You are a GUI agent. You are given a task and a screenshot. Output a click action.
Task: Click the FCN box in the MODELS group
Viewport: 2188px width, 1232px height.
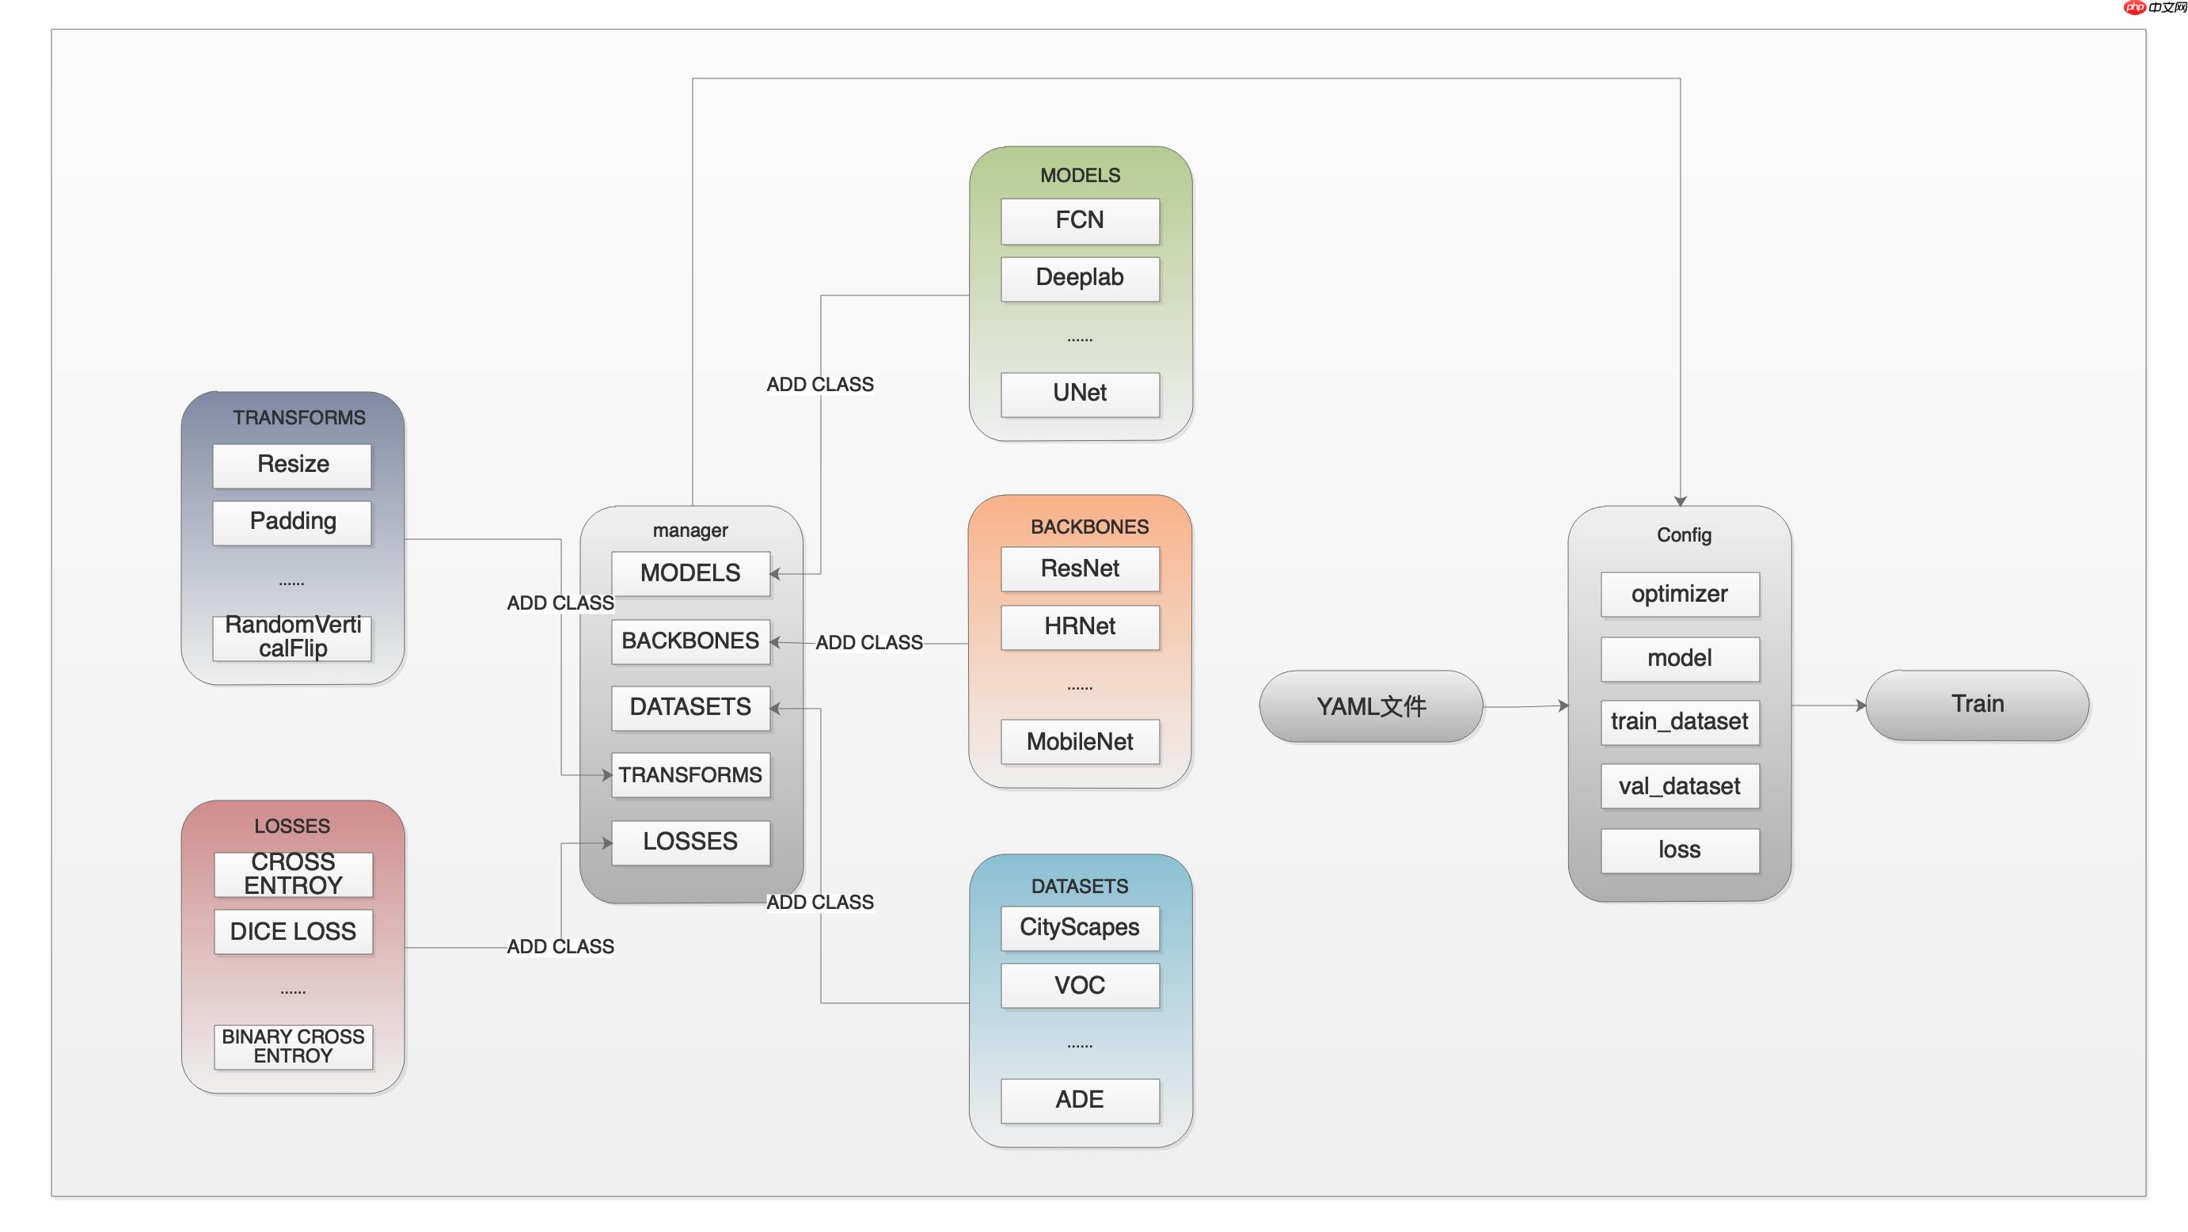(1080, 221)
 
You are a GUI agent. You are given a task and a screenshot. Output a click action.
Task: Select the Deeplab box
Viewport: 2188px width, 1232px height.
(1080, 278)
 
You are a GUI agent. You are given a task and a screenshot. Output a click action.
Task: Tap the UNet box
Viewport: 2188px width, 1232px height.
(1080, 394)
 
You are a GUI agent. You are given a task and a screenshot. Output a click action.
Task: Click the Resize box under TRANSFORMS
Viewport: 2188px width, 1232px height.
(292, 465)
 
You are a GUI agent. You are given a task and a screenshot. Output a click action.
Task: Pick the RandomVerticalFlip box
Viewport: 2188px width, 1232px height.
(292, 637)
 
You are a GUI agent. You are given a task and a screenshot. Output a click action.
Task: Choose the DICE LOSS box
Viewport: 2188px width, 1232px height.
(292, 932)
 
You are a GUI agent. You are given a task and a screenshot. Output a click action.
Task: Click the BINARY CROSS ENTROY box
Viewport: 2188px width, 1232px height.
(292, 1047)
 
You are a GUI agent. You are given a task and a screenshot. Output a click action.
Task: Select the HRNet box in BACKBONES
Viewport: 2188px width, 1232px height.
(1080, 627)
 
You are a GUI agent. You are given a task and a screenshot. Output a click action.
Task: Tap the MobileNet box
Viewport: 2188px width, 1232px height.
(1080, 742)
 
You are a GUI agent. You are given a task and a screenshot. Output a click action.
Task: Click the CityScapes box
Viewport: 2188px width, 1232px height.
(1080, 928)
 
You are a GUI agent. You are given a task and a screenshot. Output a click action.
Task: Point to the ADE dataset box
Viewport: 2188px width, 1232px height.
(1080, 1101)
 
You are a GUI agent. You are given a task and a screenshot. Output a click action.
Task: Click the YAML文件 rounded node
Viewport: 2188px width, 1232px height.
(1371, 706)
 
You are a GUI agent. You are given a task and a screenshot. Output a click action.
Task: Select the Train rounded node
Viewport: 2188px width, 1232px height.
(1977, 705)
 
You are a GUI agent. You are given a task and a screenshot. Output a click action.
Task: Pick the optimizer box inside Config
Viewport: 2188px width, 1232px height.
(1679, 594)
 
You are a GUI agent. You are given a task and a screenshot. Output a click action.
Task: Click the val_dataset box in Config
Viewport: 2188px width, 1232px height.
(1679, 787)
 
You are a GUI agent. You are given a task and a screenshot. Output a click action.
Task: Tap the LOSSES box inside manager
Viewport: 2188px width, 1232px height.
(690, 842)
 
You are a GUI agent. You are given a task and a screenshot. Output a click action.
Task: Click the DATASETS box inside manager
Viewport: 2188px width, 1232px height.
(690, 707)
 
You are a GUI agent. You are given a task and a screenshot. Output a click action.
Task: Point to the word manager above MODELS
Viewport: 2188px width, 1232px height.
(689, 530)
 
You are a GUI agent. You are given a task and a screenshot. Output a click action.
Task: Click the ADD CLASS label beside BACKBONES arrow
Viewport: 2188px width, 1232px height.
(869, 642)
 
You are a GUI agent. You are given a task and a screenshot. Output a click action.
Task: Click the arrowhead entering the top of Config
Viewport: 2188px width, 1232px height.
(1680, 501)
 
